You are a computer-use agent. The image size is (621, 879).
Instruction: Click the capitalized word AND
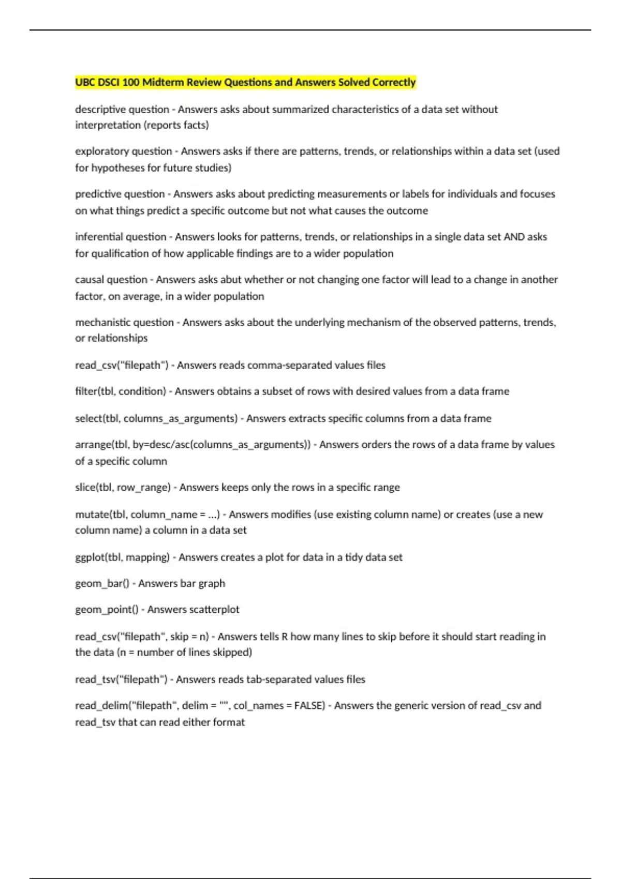(x=514, y=237)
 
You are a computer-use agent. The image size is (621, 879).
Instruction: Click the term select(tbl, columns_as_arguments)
(x=156, y=418)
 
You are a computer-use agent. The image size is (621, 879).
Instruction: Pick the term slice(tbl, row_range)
(x=123, y=488)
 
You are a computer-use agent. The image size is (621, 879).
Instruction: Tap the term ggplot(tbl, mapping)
(x=122, y=557)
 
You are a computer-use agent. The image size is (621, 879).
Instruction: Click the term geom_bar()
(x=102, y=584)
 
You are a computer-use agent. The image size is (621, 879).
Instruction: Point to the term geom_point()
(x=107, y=610)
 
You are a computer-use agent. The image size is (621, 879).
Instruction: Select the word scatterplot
(x=214, y=610)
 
